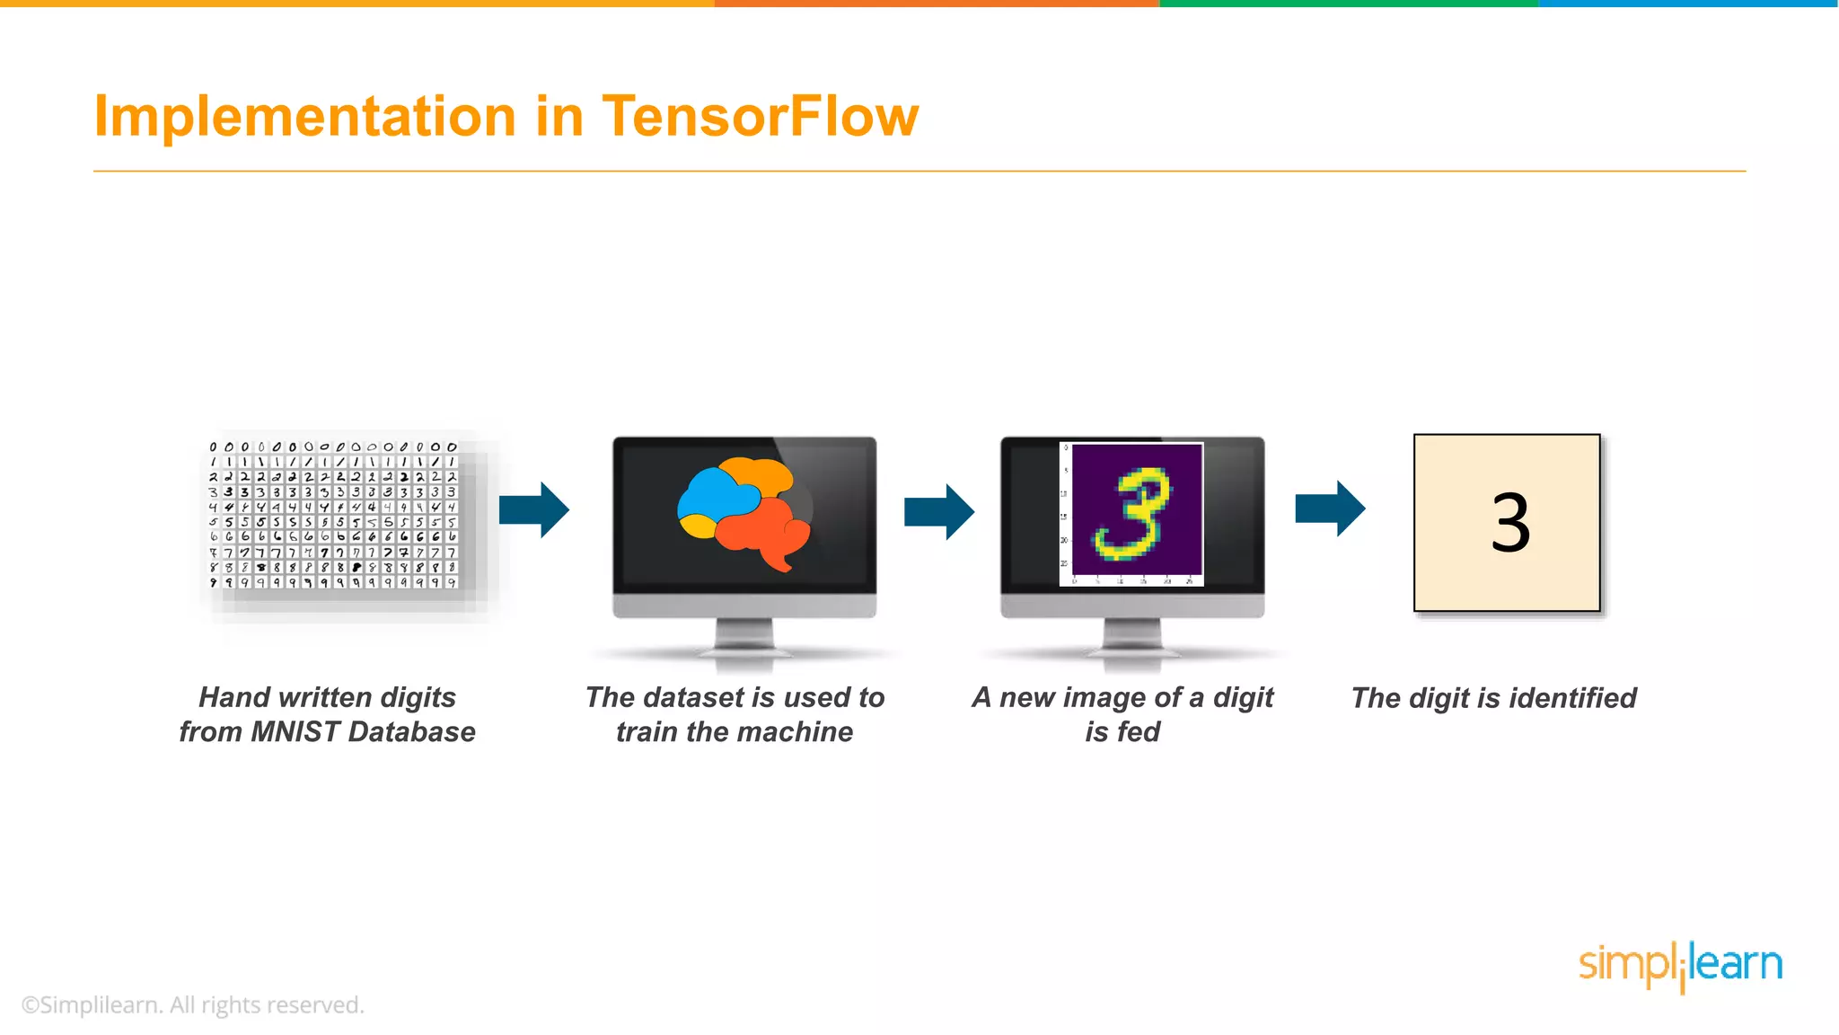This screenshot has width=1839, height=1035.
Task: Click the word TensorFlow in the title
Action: [x=760, y=117]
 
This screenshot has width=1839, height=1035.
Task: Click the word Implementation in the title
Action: [x=305, y=117]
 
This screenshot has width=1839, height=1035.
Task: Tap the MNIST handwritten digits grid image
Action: [x=333, y=515]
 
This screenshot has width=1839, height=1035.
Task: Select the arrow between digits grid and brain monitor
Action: [x=534, y=509]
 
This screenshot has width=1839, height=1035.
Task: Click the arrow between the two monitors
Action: [x=939, y=511]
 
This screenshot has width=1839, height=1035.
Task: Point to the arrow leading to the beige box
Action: [x=1330, y=509]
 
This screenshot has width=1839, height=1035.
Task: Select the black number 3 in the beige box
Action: [x=1510, y=523]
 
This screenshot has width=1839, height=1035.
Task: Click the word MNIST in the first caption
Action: [x=295, y=732]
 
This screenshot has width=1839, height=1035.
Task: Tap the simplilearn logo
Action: [x=1680, y=967]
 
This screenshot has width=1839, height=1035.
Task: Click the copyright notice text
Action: [x=192, y=1005]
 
